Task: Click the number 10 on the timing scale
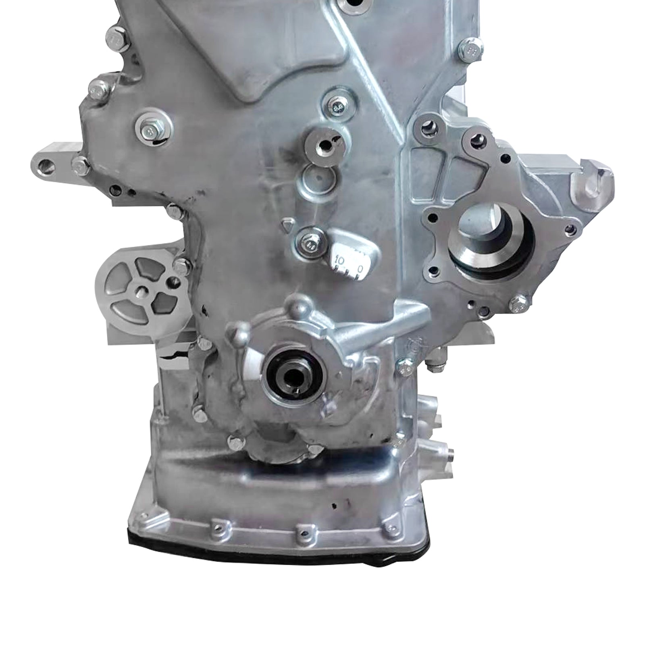(339, 261)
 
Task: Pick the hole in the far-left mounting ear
(47, 164)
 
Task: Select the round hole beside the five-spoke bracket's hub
(174, 282)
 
